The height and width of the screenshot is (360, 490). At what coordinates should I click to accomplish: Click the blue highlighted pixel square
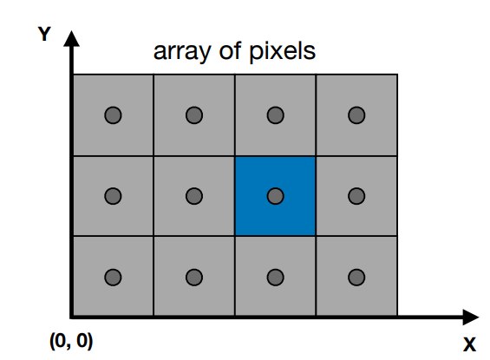point(275,196)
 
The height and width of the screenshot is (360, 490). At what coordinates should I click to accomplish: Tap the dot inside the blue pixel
point(275,196)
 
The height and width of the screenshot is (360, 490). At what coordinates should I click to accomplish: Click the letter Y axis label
point(44,34)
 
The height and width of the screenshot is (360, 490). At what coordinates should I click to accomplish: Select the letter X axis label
point(469,344)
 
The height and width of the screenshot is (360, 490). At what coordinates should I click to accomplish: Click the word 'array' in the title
point(182,52)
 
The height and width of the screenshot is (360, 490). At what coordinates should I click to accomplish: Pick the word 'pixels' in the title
point(282,51)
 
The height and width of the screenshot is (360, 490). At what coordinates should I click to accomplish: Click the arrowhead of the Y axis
point(72,39)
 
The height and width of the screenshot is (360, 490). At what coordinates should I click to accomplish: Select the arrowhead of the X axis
point(471,317)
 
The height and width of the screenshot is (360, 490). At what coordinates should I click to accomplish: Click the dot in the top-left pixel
point(113,115)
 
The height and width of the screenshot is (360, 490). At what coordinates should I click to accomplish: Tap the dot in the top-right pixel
point(356,115)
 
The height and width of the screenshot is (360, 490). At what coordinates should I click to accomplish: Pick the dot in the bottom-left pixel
point(113,278)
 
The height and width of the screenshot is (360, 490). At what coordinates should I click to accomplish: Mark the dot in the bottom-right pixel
point(356,278)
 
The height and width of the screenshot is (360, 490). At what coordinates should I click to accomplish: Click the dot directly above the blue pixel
point(275,115)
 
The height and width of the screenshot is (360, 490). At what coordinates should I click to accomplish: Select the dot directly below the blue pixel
point(275,278)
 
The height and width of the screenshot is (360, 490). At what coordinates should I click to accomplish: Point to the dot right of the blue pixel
point(356,196)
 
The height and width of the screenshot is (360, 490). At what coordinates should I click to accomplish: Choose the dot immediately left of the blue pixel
point(194,196)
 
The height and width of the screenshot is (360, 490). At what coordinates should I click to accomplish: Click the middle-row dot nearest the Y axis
point(113,196)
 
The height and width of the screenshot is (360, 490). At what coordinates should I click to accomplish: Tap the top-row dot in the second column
point(194,115)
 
